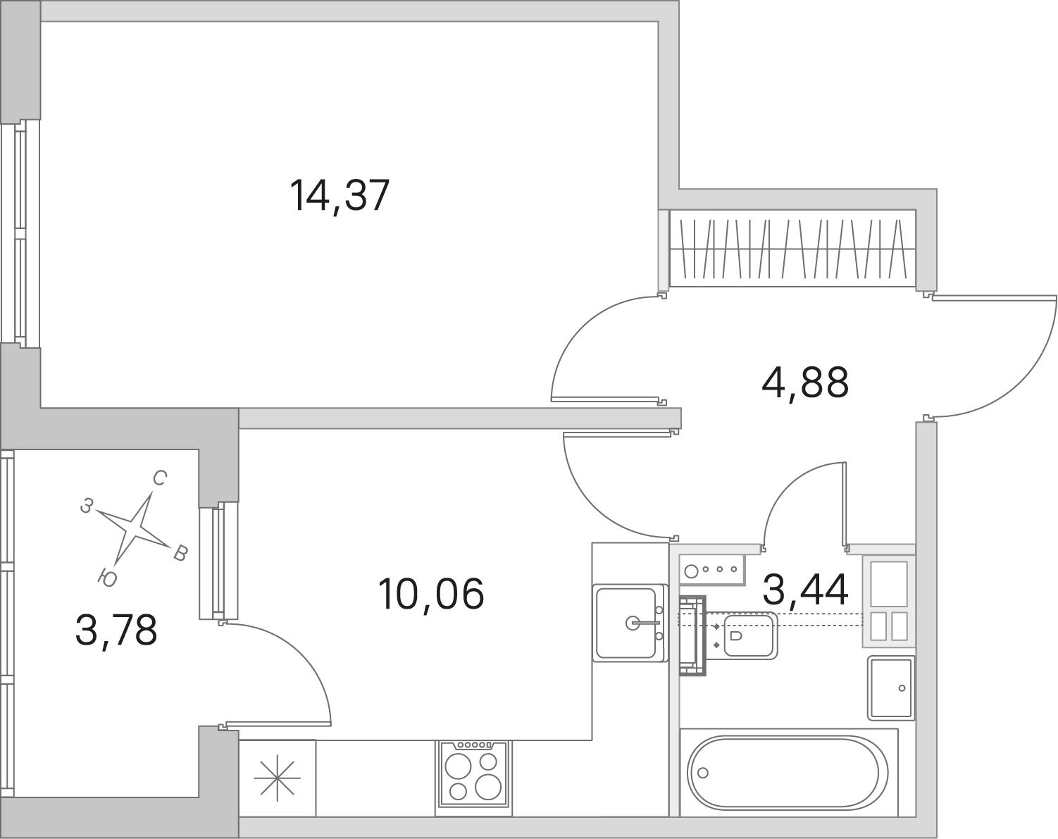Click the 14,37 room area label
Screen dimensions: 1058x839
[340, 196]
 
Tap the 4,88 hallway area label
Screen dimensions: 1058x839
[805, 383]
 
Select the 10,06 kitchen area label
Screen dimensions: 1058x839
[430, 594]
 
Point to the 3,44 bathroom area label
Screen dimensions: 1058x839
[805, 590]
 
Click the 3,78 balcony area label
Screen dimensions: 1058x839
[116, 631]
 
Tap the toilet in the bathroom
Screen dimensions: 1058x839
[742, 635]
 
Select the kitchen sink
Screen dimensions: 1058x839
[630, 623]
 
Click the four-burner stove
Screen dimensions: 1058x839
[473, 778]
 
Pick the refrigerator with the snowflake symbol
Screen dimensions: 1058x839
[278, 778]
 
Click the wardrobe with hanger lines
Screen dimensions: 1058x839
[792, 249]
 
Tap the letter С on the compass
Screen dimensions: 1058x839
[160, 478]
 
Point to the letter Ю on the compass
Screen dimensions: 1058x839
[107, 578]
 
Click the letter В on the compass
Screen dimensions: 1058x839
[180, 554]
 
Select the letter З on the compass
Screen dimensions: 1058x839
[87, 506]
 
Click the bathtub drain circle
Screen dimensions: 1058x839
[703, 773]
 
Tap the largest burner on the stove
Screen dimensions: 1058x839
[487, 786]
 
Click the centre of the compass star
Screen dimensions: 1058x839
[132, 528]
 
